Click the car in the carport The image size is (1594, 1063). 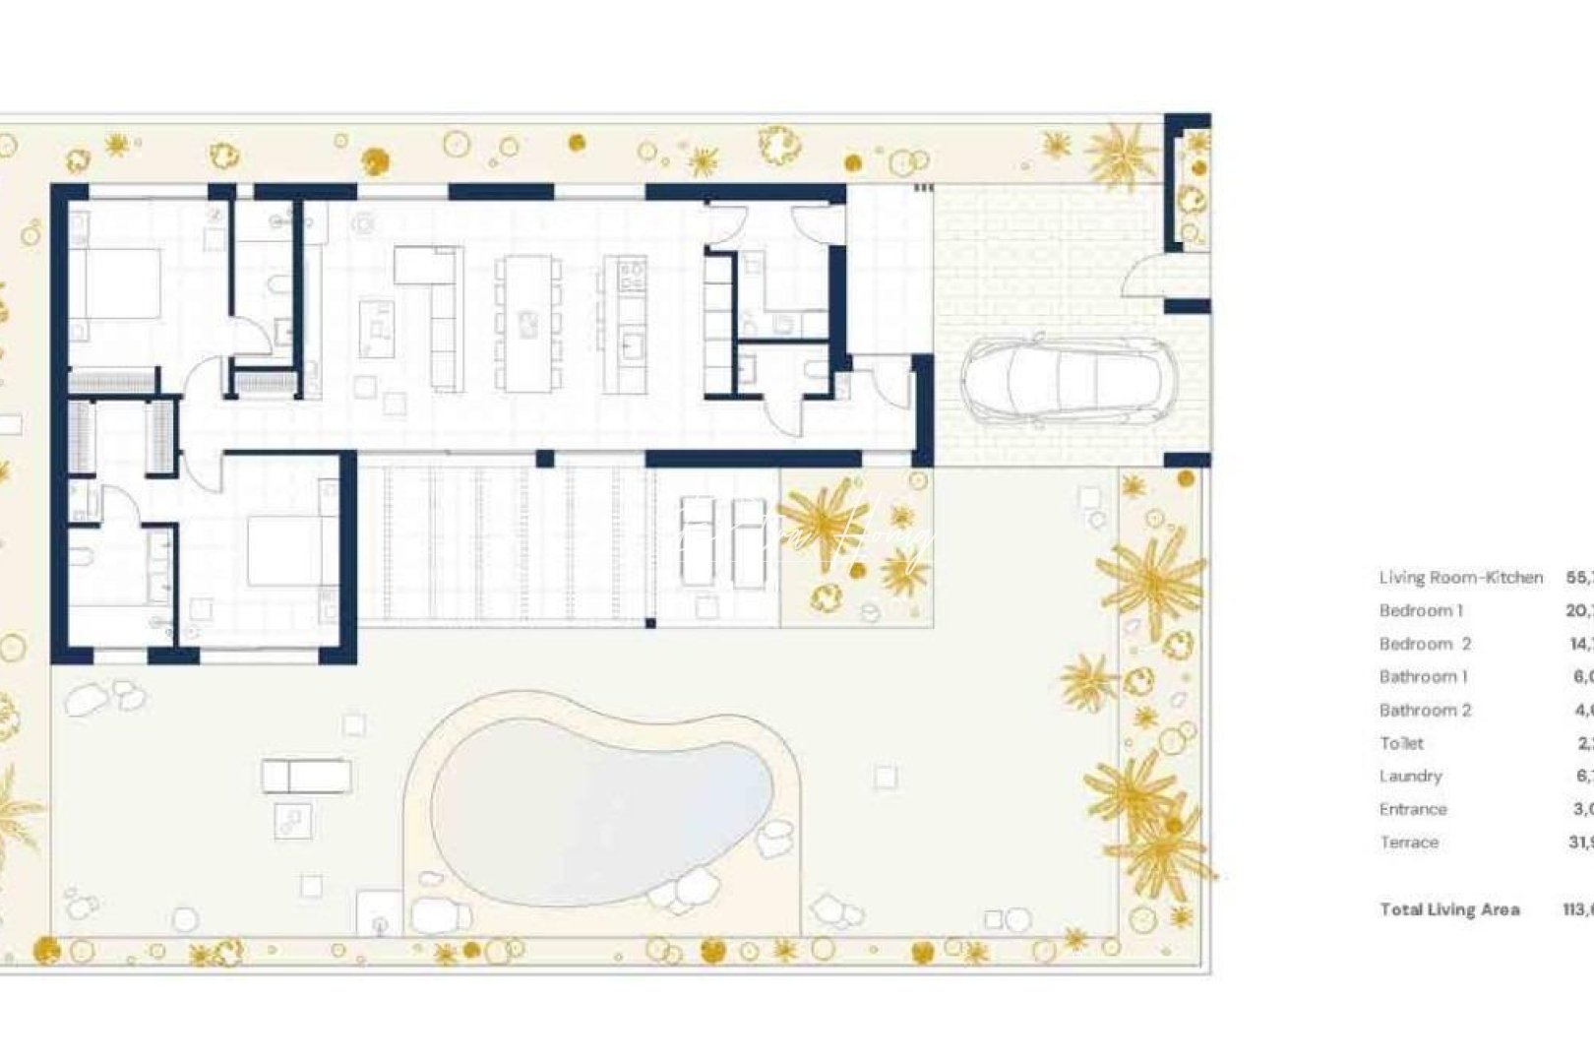tap(1069, 380)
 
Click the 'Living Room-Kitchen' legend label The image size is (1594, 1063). tap(1460, 578)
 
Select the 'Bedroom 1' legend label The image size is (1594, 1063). tap(1421, 611)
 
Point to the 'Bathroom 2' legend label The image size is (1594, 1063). tap(1425, 711)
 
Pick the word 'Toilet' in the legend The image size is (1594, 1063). tap(1401, 744)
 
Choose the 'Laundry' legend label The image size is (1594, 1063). tap(1410, 777)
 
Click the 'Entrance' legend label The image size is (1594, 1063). tap(1413, 810)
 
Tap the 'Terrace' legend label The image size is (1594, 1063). tap(1409, 843)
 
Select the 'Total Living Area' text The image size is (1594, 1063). tap(1449, 910)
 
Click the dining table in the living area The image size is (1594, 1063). tap(529, 324)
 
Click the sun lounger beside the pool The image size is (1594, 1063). tap(307, 776)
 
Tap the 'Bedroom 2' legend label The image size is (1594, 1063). tap(1425, 645)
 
